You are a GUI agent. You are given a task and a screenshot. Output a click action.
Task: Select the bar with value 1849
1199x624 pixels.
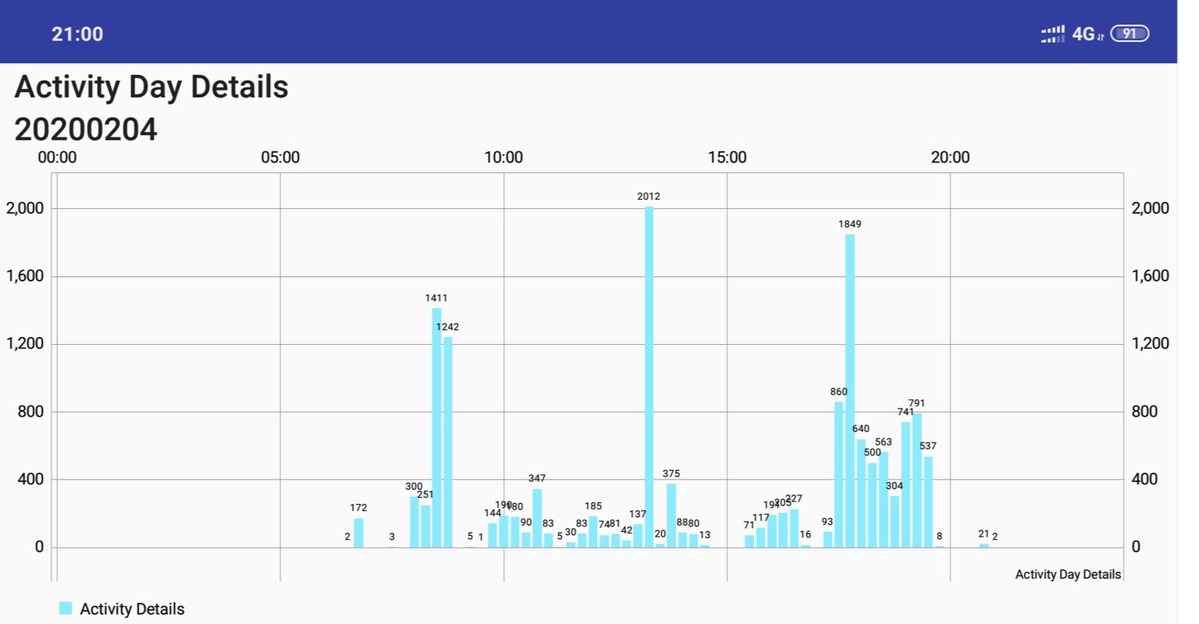click(x=850, y=390)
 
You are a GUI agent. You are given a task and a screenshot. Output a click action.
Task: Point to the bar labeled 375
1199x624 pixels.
click(x=671, y=516)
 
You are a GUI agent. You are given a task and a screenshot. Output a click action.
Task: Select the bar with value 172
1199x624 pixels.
click(x=358, y=533)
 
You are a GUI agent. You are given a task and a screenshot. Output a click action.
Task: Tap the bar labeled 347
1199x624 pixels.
click(x=537, y=518)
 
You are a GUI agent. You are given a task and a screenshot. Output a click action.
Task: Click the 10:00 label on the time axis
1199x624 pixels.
click(x=503, y=158)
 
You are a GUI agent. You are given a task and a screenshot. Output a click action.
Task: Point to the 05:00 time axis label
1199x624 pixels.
click(x=280, y=158)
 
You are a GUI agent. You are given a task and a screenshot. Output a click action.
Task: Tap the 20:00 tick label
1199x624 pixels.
click(x=950, y=158)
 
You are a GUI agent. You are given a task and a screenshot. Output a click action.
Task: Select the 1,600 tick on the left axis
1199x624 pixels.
click(x=25, y=276)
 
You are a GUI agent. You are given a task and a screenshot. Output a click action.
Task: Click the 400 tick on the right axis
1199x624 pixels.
click(x=1144, y=479)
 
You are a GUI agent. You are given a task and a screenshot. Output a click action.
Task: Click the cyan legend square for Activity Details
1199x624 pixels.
click(x=66, y=608)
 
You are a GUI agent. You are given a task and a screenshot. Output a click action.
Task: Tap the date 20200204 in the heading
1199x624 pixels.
click(x=86, y=129)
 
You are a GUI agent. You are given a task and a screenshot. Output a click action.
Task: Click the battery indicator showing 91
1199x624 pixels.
click(x=1130, y=34)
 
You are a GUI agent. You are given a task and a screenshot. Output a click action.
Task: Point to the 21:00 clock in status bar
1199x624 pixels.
click(x=77, y=34)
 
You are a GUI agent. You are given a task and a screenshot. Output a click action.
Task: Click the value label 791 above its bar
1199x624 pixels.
click(x=916, y=403)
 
